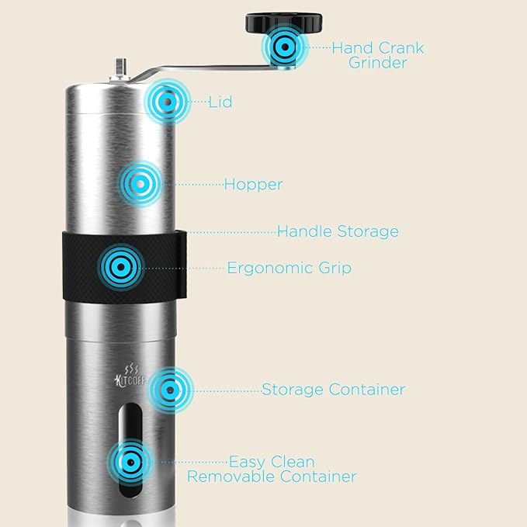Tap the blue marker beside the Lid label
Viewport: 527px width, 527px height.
[165, 101]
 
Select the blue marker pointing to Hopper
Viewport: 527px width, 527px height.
[141, 184]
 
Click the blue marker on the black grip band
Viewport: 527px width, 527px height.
[120, 267]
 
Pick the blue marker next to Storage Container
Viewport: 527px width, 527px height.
[170, 388]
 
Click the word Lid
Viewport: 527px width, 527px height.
[221, 102]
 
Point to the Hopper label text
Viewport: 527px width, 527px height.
[253, 185]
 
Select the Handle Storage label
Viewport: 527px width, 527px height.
[338, 231]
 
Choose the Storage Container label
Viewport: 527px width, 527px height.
[333, 390]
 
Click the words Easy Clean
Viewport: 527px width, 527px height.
[272, 462]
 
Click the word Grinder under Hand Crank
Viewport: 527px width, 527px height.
[377, 63]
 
